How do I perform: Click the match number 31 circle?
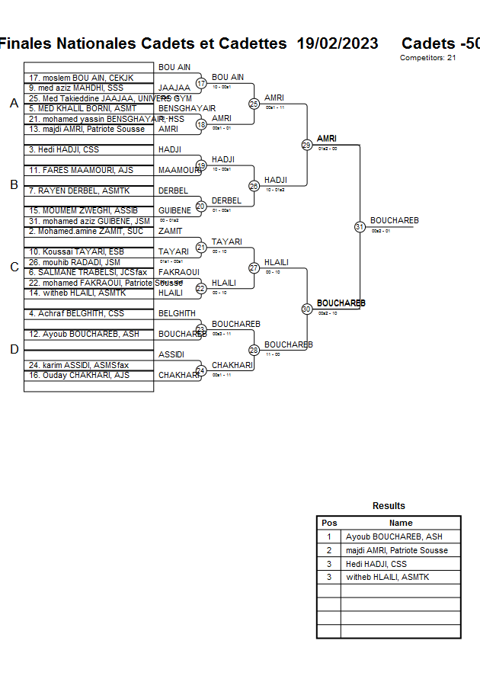click(360, 226)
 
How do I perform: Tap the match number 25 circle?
click(254, 103)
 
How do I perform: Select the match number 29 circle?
click(306, 145)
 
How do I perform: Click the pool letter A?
click(13, 104)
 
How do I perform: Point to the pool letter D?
click(13, 350)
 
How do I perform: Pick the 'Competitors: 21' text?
click(427, 58)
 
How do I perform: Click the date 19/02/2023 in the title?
click(338, 43)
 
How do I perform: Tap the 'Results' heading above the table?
click(389, 506)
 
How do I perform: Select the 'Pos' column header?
click(329, 523)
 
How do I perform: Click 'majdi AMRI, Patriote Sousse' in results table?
click(397, 550)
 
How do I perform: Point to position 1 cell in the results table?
click(329, 536)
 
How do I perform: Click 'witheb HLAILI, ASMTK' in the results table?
click(387, 578)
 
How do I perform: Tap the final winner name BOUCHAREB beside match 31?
click(395, 221)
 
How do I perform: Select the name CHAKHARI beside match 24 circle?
click(232, 366)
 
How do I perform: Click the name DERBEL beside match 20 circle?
click(226, 200)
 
